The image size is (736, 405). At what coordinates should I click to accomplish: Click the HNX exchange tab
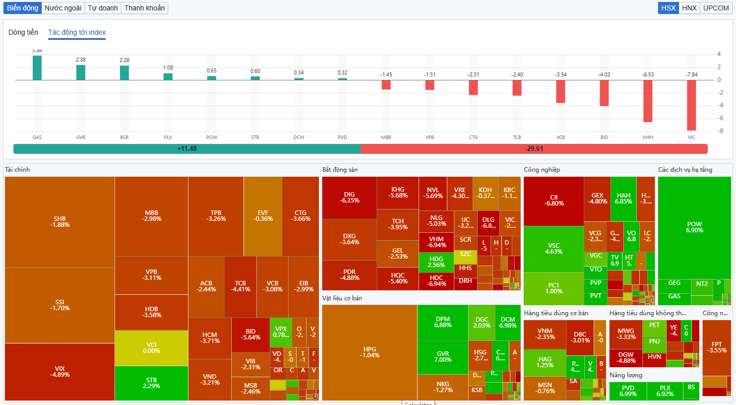(x=689, y=8)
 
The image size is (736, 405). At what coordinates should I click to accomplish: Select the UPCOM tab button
(x=716, y=8)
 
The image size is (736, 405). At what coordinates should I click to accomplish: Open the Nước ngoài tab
(x=63, y=8)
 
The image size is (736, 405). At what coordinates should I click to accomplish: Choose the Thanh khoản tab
(x=144, y=8)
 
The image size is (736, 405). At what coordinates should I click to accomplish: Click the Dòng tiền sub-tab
(x=23, y=32)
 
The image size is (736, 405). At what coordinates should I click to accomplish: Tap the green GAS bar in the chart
(x=37, y=68)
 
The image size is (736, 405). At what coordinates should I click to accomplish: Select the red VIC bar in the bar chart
(x=691, y=105)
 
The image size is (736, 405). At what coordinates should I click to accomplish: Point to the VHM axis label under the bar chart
(x=648, y=137)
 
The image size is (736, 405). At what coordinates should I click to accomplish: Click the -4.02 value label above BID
(x=604, y=75)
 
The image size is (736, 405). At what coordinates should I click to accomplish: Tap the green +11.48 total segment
(x=187, y=149)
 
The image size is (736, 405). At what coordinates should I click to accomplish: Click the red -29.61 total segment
(x=534, y=149)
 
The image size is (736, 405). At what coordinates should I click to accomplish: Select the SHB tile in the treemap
(x=60, y=222)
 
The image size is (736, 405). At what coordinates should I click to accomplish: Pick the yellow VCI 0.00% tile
(x=151, y=348)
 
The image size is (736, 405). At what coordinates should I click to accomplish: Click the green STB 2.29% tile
(x=151, y=383)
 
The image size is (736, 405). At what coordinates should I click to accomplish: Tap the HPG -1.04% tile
(x=369, y=352)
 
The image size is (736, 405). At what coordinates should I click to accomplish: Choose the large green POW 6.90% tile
(x=694, y=227)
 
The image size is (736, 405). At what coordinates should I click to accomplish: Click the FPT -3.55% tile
(x=717, y=347)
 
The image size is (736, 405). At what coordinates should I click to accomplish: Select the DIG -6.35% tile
(x=349, y=198)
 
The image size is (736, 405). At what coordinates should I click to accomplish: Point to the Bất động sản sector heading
(x=340, y=170)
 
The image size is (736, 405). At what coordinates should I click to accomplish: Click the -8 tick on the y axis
(x=719, y=131)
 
